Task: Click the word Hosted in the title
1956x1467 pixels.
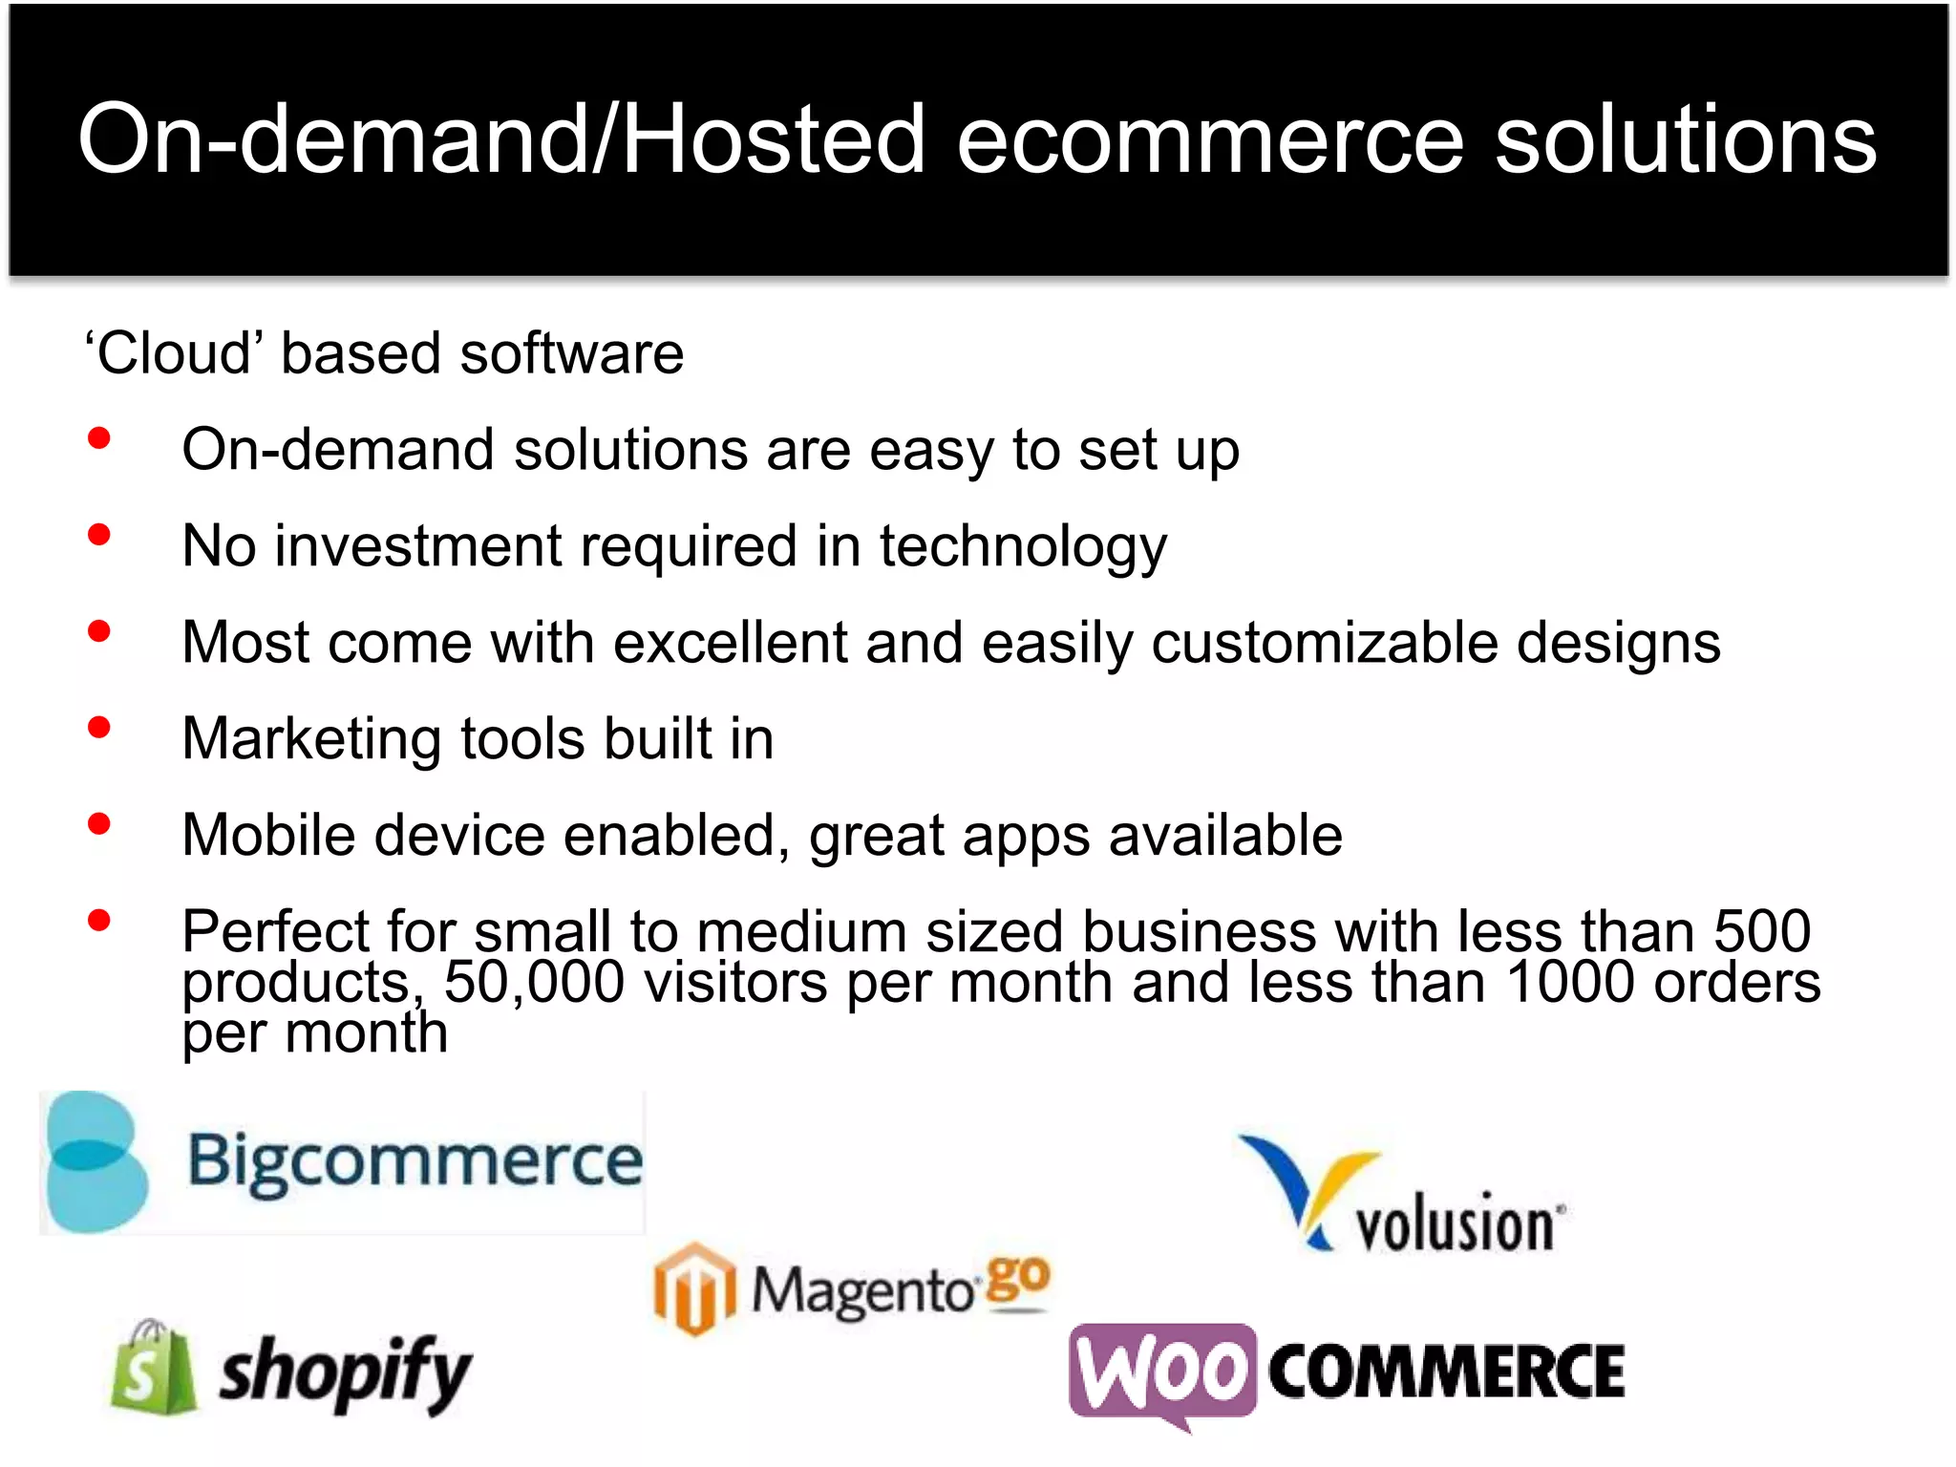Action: (x=774, y=139)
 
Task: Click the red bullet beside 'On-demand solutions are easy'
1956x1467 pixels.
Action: (x=98, y=438)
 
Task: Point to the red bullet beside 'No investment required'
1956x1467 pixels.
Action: (x=98, y=535)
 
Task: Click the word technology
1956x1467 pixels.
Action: (x=1023, y=547)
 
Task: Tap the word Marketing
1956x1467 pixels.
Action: (x=312, y=739)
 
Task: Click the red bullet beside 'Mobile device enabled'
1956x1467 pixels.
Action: (x=98, y=824)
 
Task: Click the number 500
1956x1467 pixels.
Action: (x=1762, y=930)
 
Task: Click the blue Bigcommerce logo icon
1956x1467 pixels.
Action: (x=96, y=1161)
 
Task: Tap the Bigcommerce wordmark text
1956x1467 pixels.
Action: (x=415, y=1161)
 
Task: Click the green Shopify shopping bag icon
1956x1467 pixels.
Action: (x=153, y=1368)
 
